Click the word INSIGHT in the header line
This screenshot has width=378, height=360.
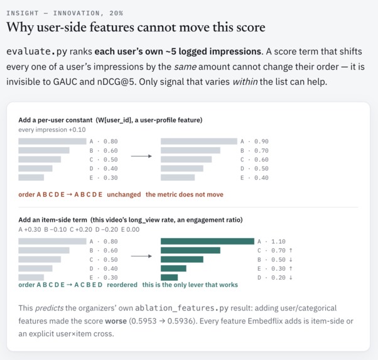(x=23, y=13)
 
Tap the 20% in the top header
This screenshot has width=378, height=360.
(x=116, y=13)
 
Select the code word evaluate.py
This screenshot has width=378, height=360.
(x=36, y=52)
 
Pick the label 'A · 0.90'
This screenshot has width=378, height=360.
(x=254, y=141)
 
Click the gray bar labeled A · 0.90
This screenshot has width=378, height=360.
(x=199, y=141)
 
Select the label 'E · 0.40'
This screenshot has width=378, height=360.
(x=254, y=178)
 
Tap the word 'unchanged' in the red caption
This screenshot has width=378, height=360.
(x=124, y=195)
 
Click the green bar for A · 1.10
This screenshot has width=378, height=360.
(x=207, y=241)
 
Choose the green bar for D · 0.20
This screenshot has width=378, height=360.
(x=170, y=278)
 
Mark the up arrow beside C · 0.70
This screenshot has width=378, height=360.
(x=291, y=251)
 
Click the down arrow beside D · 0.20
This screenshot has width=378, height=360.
(x=291, y=278)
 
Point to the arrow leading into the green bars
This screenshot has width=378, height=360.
(x=141, y=256)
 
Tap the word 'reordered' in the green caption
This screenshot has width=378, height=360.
(x=122, y=285)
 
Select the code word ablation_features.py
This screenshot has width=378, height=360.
(x=181, y=308)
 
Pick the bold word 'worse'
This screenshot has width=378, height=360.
(x=116, y=321)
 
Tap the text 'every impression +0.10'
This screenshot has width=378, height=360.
(x=52, y=130)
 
